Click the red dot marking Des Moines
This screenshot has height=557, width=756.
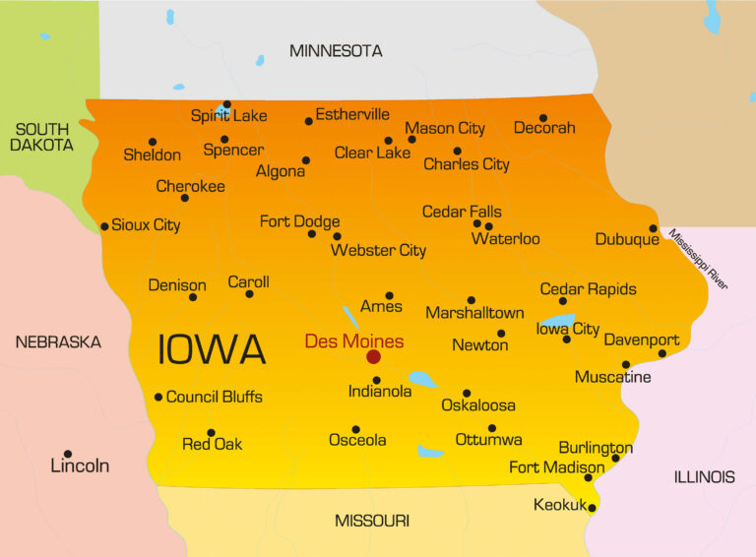(373, 356)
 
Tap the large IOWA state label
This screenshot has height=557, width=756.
(212, 349)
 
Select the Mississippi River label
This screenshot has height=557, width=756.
(698, 259)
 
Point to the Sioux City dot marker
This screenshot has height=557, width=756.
(104, 226)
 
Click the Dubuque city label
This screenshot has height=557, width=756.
(627, 239)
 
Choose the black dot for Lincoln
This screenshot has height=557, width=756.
(68, 454)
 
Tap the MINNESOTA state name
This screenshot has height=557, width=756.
(336, 50)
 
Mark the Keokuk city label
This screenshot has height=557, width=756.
(560, 505)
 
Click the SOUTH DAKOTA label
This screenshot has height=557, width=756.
(41, 137)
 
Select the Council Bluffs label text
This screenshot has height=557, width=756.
(215, 398)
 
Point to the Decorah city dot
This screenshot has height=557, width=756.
(543, 118)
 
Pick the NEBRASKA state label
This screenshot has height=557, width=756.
(58, 342)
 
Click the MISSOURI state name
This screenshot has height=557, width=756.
(372, 521)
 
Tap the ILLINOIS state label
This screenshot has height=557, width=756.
(704, 477)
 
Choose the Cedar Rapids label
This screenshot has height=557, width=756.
(589, 289)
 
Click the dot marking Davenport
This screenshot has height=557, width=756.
(661, 353)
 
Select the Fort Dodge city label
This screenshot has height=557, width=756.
(299, 221)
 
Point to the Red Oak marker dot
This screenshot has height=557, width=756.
(211, 432)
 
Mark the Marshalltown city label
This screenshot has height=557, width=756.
(474, 313)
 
